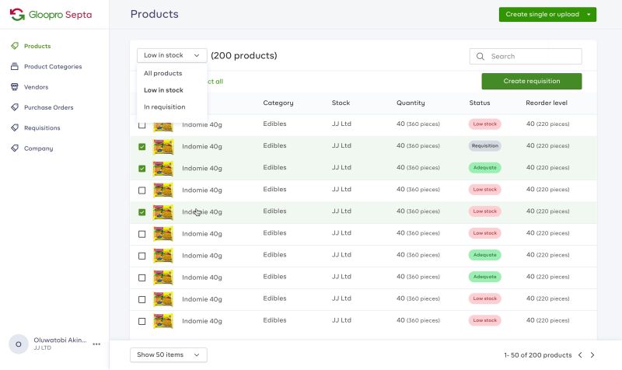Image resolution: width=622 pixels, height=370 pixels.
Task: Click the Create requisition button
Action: [531, 81]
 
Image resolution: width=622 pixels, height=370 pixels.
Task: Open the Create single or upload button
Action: [547, 14]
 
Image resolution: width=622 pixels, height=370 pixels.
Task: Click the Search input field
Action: [533, 57]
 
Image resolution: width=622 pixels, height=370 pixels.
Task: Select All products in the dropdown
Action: [163, 73]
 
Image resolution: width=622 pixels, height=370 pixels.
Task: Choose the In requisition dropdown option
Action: [165, 107]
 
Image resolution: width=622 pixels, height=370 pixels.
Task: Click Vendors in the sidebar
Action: [36, 87]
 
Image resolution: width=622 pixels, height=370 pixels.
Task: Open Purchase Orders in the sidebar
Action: [48, 107]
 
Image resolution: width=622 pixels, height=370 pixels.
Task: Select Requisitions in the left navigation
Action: [42, 127]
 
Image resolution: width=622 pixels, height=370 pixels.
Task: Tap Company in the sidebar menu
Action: [38, 148]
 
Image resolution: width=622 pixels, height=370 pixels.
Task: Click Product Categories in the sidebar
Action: [52, 67]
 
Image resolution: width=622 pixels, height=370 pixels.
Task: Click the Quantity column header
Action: [411, 103]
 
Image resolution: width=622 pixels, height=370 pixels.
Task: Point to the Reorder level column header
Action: [546, 103]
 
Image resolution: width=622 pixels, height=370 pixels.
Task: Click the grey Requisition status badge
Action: [485, 145]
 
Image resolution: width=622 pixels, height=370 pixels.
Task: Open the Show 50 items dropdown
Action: [168, 355]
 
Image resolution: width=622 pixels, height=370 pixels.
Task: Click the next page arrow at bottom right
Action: [592, 355]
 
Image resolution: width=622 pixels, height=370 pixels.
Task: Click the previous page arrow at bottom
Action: [579, 355]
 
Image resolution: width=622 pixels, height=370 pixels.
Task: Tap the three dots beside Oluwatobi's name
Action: [96, 344]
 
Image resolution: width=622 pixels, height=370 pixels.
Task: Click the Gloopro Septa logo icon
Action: [17, 14]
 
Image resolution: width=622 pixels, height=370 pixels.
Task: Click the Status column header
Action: [480, 103]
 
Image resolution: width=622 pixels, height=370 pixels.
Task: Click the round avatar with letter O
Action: [19, 344]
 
